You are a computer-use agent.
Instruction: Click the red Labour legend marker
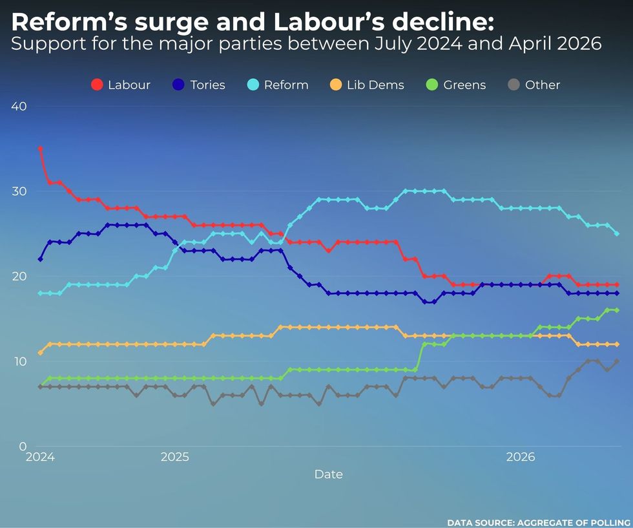coord(97,85)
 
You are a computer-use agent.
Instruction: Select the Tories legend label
coord(207,85)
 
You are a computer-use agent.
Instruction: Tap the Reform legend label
coord(285,85)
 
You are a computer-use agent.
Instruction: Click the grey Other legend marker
coord(514,85)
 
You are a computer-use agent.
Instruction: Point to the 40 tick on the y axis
coord(19,106)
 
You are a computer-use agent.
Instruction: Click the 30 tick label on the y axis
coord(19,191)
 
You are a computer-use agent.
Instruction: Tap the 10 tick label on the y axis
coord(19,361)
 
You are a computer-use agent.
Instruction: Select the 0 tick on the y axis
coord(23,446)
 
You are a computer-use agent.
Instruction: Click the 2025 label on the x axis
coord(174,458)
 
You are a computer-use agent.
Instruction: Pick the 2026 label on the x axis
coord(521,458)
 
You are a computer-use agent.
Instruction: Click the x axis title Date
coord(328,474)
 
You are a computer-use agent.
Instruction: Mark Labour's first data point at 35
coord(41,149)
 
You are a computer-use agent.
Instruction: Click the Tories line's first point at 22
coord(41,259)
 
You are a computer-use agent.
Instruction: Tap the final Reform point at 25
coord(617,233)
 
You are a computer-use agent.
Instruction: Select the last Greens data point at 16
coord(617,310)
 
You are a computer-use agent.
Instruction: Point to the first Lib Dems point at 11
coord(41,353)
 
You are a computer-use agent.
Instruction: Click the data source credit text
coord(538,522)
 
